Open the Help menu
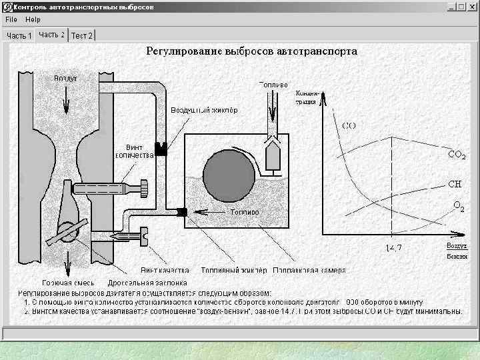33,19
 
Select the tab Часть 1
19,35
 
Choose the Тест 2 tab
82,35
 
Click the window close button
473,7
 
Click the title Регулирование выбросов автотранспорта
252,51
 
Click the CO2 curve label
456,155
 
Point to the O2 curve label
459,208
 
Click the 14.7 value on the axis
394,248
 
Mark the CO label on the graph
349,125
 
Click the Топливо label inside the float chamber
244,212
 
